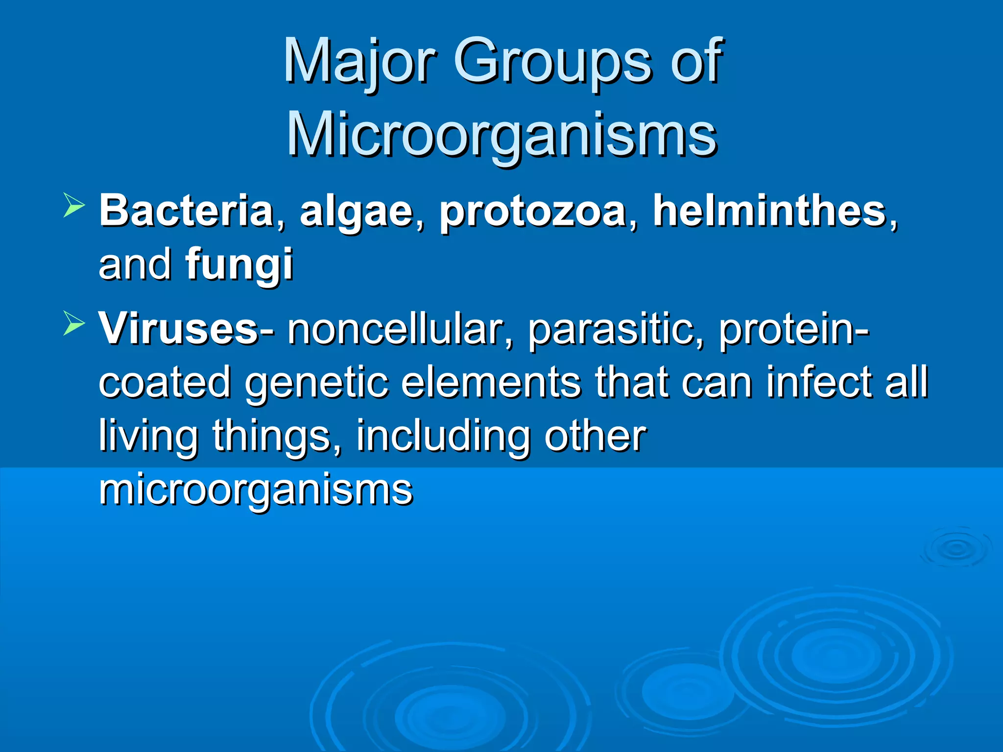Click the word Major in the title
(359, 61)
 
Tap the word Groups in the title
(554, 61)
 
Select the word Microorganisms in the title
(501, 134)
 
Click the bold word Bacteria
(186, 211)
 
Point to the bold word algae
(357, 211)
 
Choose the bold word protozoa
(533, 211)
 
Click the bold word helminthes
(769, 211)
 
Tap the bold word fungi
(239, 264)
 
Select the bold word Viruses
(179, 329)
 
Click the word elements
(491, 382)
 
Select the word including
(443, 436)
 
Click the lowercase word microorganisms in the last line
(256, 489)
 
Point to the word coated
(165, 382)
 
